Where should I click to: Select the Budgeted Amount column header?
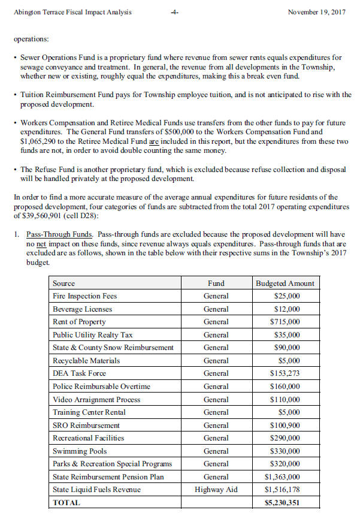285,283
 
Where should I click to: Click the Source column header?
64,283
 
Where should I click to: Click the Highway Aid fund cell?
216,490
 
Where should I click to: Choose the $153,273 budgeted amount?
285,373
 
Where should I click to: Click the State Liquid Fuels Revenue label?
97,490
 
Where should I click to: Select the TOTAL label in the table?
66,503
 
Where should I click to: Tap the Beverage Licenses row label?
82,309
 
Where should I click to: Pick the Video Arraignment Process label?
96,399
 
